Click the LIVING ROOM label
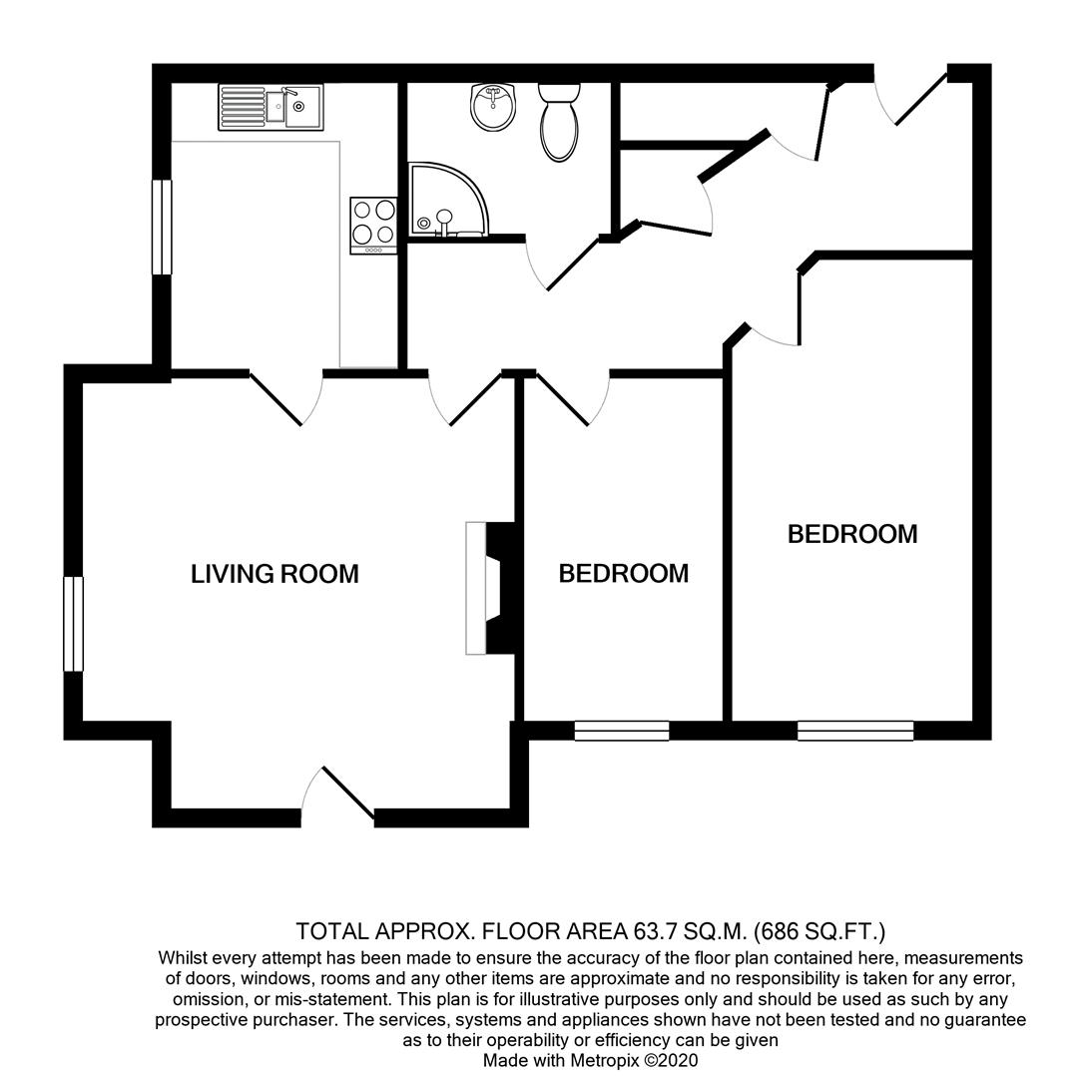[x=274, y=574]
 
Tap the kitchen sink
[x=270, y=107]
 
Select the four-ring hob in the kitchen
[x=373, y=223]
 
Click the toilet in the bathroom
[x=559, y=121]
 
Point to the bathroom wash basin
[x=492, y=107]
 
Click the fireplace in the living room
[x=489, y=588]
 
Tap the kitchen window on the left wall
[x=162, y=227]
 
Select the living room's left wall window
[x=74, y=624]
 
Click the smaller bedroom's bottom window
[x=622, y=731]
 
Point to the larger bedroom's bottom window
[x=855, y=731]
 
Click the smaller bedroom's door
[x=573, y=399]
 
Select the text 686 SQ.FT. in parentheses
[x=819, y=933]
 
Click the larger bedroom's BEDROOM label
[x=852, y=534]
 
